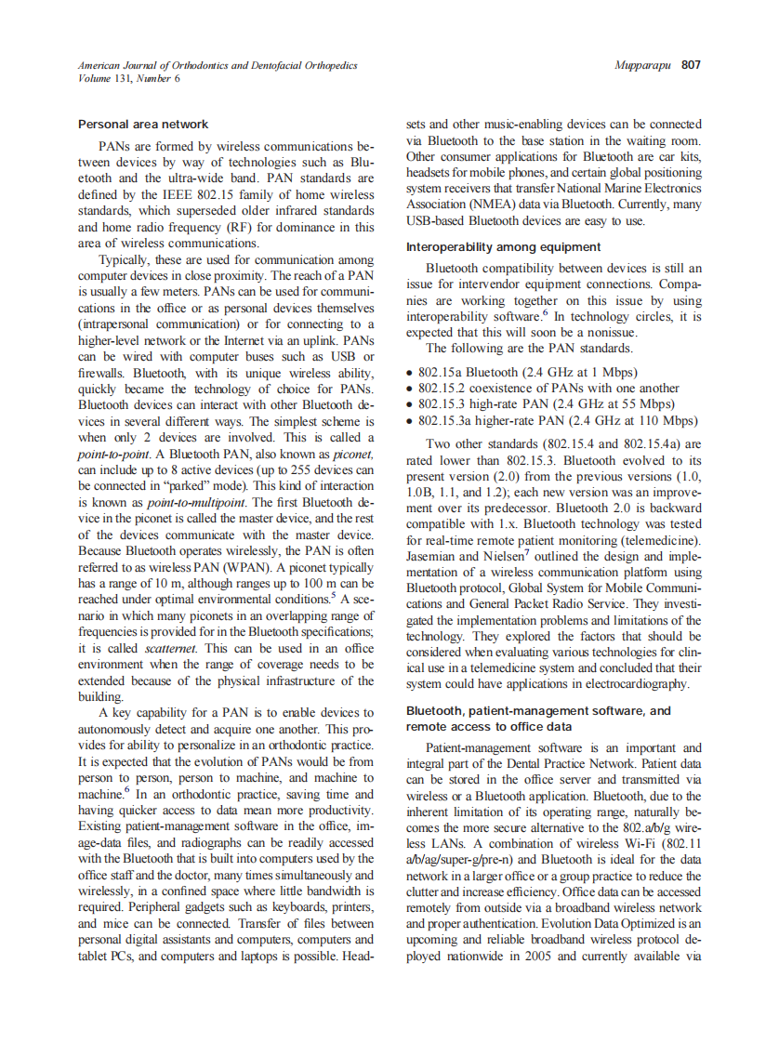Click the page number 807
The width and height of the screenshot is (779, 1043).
(691, 65)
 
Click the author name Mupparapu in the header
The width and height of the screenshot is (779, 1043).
(642, 65)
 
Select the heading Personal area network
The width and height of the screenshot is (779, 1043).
(143, 124)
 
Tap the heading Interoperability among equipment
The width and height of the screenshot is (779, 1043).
(504, 246)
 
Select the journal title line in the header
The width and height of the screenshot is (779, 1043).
(217, 66)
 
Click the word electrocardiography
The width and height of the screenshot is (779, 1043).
(635, 683)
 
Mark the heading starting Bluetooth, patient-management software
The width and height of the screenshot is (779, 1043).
(538, 710)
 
